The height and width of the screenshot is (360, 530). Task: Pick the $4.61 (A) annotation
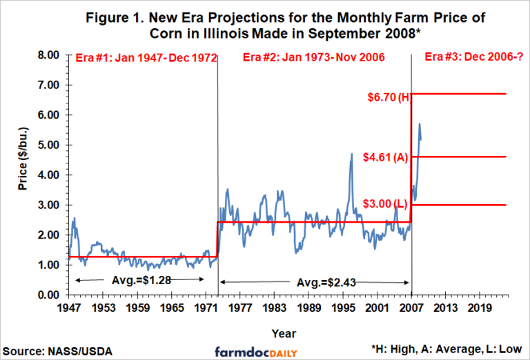point(386,157)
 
